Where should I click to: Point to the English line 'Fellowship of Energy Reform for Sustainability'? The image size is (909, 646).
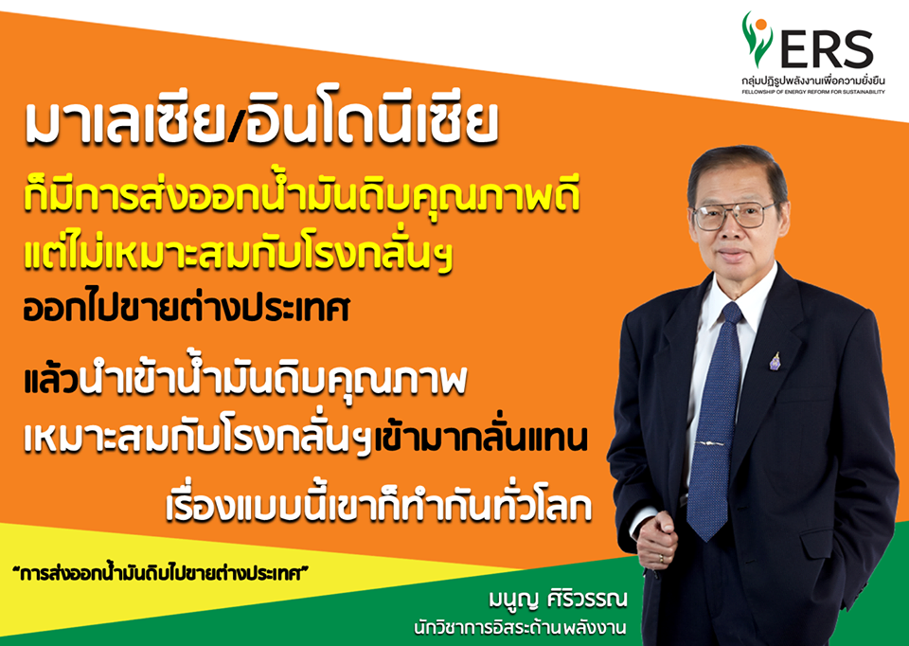(812, 92)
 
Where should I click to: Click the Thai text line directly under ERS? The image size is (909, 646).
(812, 80)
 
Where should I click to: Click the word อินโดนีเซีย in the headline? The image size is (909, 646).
(371, 122)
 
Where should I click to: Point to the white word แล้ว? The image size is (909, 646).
(51, 378)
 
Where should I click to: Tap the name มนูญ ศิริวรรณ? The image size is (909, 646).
(558, 599)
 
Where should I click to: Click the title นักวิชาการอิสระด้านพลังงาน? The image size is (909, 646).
(520, 628)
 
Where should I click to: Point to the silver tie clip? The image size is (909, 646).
(712, 443)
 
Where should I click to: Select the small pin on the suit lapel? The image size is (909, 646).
(775, 361)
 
